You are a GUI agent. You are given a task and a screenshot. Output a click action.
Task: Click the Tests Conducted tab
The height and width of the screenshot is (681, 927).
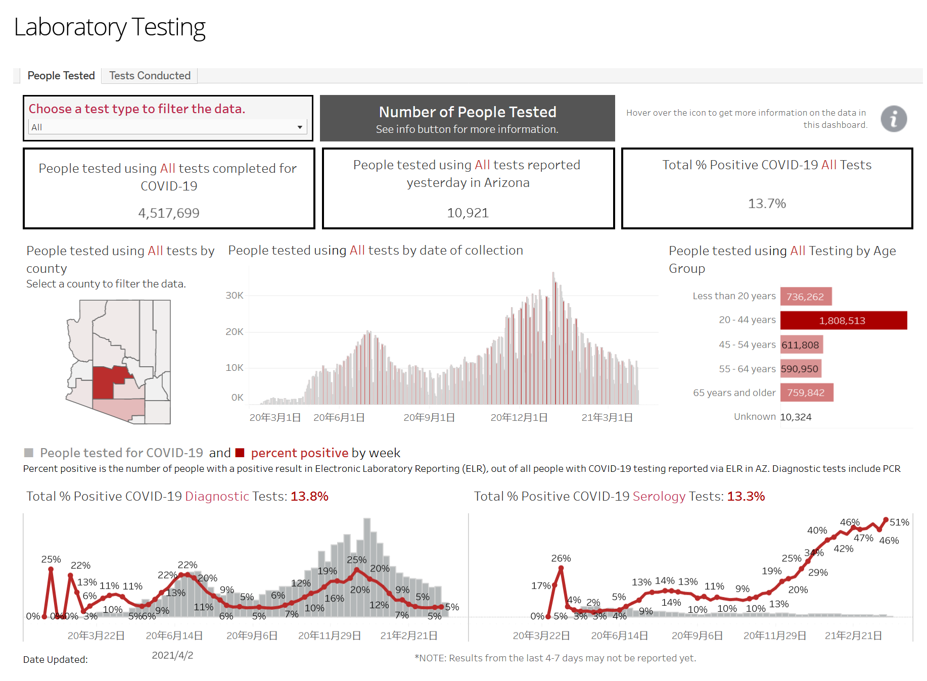(150, 76)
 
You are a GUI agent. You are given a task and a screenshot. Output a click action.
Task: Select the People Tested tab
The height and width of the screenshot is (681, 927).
(61, 76)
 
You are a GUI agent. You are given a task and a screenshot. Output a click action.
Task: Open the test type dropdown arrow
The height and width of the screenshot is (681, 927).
(300, 127)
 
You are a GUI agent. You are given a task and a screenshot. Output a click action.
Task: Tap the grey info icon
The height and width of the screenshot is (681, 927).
(893, 119)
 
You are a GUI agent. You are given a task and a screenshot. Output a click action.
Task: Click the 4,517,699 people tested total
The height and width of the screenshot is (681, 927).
(169, 213)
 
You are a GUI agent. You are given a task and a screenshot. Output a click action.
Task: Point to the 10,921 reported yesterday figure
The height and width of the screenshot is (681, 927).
(468, 213)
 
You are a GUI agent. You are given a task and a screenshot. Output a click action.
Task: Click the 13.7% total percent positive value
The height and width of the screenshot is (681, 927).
(767, 204)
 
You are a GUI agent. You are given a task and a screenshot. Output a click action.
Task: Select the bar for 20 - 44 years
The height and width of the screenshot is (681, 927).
(843, 320)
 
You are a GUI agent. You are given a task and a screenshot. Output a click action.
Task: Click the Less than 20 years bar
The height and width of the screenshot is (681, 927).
(806, 297)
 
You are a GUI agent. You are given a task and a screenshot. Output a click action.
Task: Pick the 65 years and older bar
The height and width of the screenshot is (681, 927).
(806, 393)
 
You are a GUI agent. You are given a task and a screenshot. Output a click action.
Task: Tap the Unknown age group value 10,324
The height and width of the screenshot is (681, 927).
(796, 417)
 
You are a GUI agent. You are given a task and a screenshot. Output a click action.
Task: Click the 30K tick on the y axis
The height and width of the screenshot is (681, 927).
(235, 295)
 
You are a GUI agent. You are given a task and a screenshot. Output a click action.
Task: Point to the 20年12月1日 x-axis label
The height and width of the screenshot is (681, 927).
(519, 418)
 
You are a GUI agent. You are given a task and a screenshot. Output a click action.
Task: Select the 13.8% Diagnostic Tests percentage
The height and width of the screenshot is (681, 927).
(309, 497)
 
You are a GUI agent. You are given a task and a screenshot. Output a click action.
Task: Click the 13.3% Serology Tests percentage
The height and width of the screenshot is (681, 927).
(746, 497)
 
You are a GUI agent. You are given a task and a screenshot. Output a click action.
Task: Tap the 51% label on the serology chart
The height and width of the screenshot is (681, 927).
(899, 522)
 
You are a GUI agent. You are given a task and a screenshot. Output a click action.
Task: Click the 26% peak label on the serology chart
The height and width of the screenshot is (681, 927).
(561, 558)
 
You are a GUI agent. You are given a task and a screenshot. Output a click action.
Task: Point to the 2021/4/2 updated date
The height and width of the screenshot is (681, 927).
(172, 655)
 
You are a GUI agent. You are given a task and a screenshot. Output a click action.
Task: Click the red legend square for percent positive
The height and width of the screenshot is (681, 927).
(240, 453)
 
